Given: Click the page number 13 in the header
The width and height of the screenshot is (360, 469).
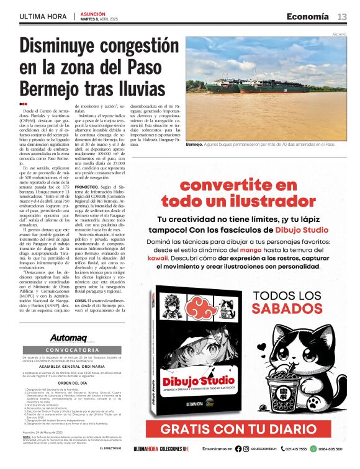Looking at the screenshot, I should coord(342,16).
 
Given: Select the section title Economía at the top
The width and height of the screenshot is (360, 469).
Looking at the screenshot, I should coord(307,16).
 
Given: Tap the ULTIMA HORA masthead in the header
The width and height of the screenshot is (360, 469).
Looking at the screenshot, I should coord(43,16).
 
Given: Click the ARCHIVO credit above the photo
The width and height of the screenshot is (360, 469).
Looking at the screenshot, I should coord(339,34).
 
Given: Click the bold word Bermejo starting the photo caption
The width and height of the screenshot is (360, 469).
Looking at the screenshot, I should coord(194,144).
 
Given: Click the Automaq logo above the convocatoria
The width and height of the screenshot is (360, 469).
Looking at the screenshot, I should coord(69,338).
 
